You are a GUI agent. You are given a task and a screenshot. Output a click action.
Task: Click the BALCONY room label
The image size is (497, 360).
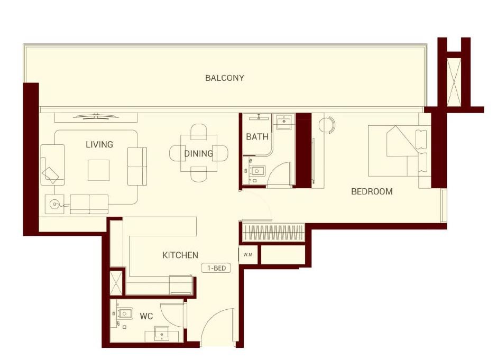(225, 78)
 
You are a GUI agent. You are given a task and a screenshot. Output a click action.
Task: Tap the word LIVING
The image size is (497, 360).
(99, 144)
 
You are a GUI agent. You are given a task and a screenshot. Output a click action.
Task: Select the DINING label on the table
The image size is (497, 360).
(198, 154)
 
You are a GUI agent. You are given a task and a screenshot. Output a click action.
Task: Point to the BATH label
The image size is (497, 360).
(257, 137)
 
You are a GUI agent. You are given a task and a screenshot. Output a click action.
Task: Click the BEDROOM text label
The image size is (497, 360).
(372, 191)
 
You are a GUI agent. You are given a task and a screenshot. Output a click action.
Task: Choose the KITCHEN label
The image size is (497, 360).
(180, 255)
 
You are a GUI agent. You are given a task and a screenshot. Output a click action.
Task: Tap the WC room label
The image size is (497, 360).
(146, 317)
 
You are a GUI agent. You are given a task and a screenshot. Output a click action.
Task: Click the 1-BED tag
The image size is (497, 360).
(216, 269)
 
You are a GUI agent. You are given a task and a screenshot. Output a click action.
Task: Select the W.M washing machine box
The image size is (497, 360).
(247, 255)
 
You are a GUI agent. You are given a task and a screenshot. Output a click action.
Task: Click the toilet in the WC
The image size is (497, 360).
(124, 314)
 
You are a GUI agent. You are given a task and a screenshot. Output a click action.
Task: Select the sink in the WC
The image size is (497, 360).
(162, 334)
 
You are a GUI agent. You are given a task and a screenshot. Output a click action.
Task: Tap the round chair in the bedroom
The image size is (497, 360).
(327, 125)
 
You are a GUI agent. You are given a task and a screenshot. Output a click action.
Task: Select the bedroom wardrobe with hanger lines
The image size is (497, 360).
(273, 232)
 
